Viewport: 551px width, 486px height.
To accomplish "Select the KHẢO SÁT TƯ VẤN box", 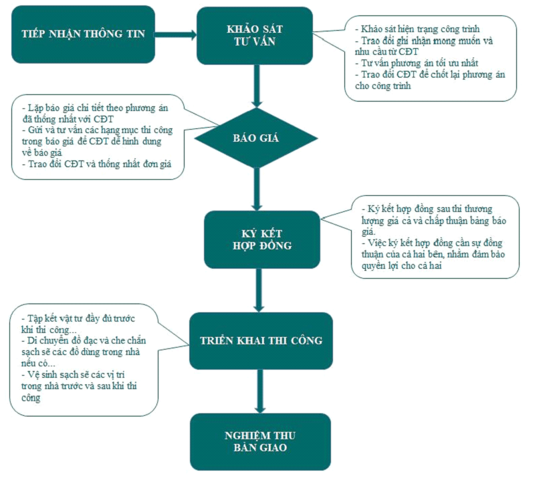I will click(254, 35).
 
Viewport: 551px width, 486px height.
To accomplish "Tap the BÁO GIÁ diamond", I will click(255, 139).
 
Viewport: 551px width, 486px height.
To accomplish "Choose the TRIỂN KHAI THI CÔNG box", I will click(261, 340).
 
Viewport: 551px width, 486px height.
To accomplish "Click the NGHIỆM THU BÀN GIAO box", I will click(260, 441).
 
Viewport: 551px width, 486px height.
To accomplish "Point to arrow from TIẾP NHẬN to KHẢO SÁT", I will click(175, 33).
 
